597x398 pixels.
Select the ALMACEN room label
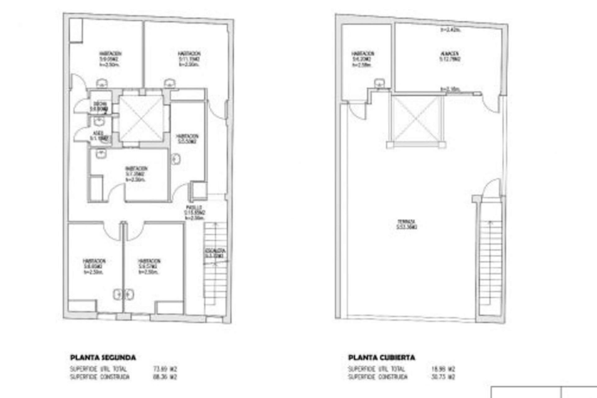(x=449, y=53)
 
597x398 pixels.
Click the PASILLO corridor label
(x=194, y=207)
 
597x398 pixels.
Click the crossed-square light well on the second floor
(x=141, y=118)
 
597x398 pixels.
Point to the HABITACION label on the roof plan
(x=363, y=53)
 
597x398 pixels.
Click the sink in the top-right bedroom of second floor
(x=170, y=82)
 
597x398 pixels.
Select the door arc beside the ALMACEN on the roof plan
(x=491, y=103)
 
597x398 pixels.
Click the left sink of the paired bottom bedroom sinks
(x=118, y=294)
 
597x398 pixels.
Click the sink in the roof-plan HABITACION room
(x=379, y=83)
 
